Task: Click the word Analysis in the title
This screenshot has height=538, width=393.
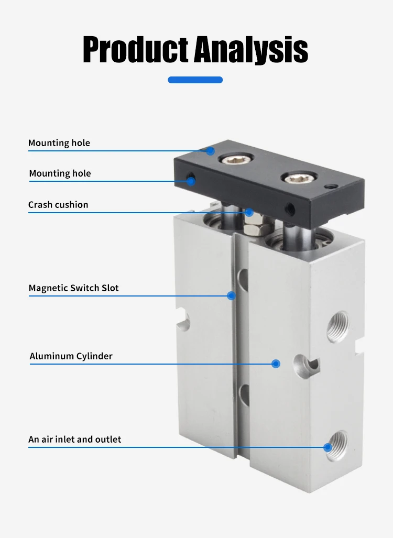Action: [251, 50]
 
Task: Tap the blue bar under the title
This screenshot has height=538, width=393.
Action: [195, 80]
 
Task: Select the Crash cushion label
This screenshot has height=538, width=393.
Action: [58, 205]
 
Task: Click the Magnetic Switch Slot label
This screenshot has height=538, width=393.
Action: [74, 288]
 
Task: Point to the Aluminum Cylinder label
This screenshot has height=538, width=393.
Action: [71, 356]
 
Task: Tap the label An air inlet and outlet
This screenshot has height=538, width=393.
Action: [75, 440]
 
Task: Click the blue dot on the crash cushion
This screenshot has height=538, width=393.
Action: [249, 212]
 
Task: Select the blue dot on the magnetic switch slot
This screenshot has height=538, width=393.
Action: [231, 295]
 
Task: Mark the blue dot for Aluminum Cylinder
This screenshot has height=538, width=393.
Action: [276, 364]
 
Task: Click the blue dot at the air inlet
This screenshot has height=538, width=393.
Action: [328, 447]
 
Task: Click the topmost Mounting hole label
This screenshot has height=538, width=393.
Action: [59, 143]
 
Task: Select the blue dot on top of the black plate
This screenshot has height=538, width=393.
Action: [211, 151]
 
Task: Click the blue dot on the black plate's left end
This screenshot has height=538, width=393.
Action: [191, 181]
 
